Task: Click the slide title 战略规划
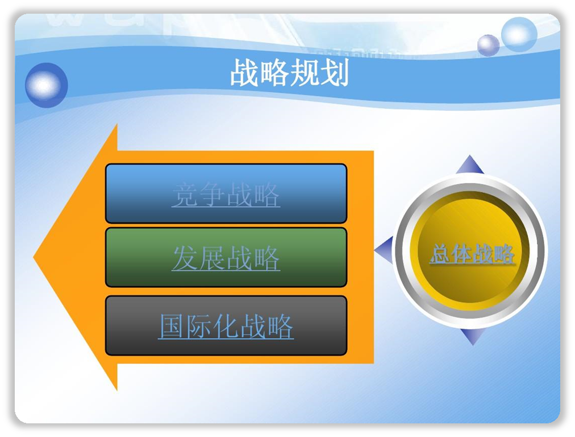click(289, 73)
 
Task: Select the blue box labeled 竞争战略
click(226, 193)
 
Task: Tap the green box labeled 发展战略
click(226, 257)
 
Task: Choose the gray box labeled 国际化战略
click(226, 325)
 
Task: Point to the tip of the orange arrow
click(34, 257)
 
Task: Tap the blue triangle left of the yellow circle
click(384, 250)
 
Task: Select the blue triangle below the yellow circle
click(472, 337)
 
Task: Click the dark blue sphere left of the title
click(46, 85)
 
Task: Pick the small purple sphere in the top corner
click(488, 45)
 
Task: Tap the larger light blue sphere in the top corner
click(519, 35)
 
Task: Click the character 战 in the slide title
click(244, 73)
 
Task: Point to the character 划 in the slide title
click(334, 73)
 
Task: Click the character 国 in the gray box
click(172, 326)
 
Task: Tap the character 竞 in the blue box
click(185, 194)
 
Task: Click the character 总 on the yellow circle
click(440, 253)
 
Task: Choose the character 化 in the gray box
click(226, 326)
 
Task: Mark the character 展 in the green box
click(212, 258)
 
